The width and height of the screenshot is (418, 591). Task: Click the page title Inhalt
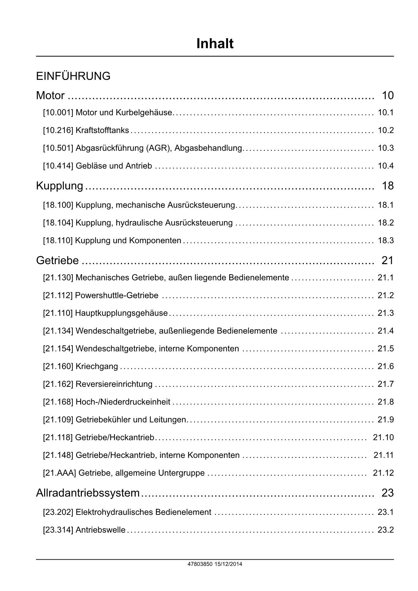[215, 44]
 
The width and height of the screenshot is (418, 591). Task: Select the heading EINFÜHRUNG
[73, 76]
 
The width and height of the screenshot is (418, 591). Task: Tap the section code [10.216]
[58, 130]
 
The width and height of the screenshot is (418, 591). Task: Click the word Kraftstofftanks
[102, 130]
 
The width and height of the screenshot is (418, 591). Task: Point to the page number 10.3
[386, 148]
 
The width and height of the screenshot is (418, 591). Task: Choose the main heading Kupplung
[60, 186]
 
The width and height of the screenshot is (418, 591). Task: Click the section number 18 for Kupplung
[388, 186]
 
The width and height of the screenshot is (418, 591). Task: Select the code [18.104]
[58, 223]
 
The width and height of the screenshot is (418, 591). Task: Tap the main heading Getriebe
[57, 260]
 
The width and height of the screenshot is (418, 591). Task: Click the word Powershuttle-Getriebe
[117, 295]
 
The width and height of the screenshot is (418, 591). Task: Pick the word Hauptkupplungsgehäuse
[121, 313]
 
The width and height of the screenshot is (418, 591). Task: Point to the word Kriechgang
[97, 367]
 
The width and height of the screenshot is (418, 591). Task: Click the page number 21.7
[386, 384]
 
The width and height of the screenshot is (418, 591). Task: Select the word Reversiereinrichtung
[114, 384]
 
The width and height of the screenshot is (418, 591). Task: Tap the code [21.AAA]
[59, 473]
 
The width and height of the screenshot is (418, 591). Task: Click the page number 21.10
[383, 437]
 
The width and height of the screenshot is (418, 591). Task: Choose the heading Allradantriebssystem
[88, 493]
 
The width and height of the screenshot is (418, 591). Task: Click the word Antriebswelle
[100, 530]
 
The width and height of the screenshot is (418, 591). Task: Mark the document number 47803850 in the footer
[200, 564]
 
